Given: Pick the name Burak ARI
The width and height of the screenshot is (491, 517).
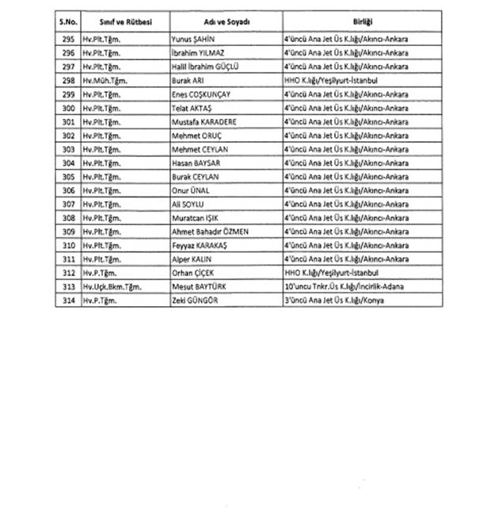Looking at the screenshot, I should point(188,80).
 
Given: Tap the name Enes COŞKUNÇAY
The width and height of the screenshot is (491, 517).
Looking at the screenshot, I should point(204,94).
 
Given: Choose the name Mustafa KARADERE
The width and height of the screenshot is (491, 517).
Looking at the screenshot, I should point(204,121).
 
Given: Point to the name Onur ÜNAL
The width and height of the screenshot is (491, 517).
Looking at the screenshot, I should point(191,190).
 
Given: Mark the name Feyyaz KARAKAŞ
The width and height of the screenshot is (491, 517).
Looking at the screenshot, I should point(200,244).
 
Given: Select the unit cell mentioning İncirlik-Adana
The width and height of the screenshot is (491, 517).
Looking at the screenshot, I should point(352,285).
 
